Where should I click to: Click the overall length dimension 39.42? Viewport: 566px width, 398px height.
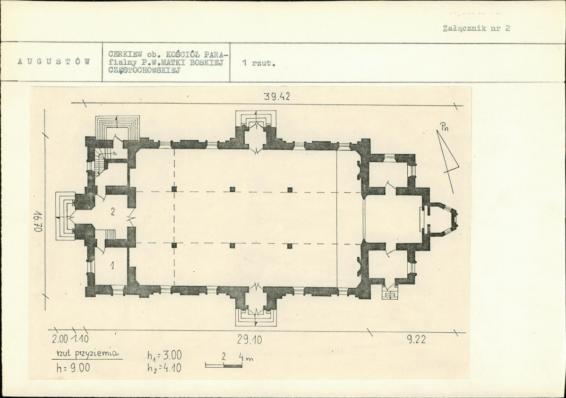tap(277, 97)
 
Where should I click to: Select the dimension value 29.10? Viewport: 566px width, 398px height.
tap(250, 339)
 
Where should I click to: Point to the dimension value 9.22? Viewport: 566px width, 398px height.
tap(417, 339)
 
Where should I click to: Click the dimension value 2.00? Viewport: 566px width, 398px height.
tap(60, 339)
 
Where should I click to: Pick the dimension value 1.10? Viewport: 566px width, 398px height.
tap(80, 339)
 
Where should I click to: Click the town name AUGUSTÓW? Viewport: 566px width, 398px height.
tap(54, 62)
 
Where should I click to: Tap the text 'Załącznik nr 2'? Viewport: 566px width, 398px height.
tap(476, 28)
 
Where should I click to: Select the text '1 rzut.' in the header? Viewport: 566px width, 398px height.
tap(258, 63)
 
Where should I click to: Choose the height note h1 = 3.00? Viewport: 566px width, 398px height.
tap(164, 355)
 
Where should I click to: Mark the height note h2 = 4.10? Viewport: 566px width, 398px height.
tap(164, 368)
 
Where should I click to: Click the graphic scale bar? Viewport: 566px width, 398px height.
tap(224, 365)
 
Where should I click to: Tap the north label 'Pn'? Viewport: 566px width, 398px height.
tap(444, 127)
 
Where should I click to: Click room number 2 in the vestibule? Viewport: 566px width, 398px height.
tap(112, 212)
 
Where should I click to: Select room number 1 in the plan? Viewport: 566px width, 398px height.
tap(112, 266)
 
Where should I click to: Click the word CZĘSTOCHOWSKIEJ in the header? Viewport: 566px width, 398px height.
tap(144, 70)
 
